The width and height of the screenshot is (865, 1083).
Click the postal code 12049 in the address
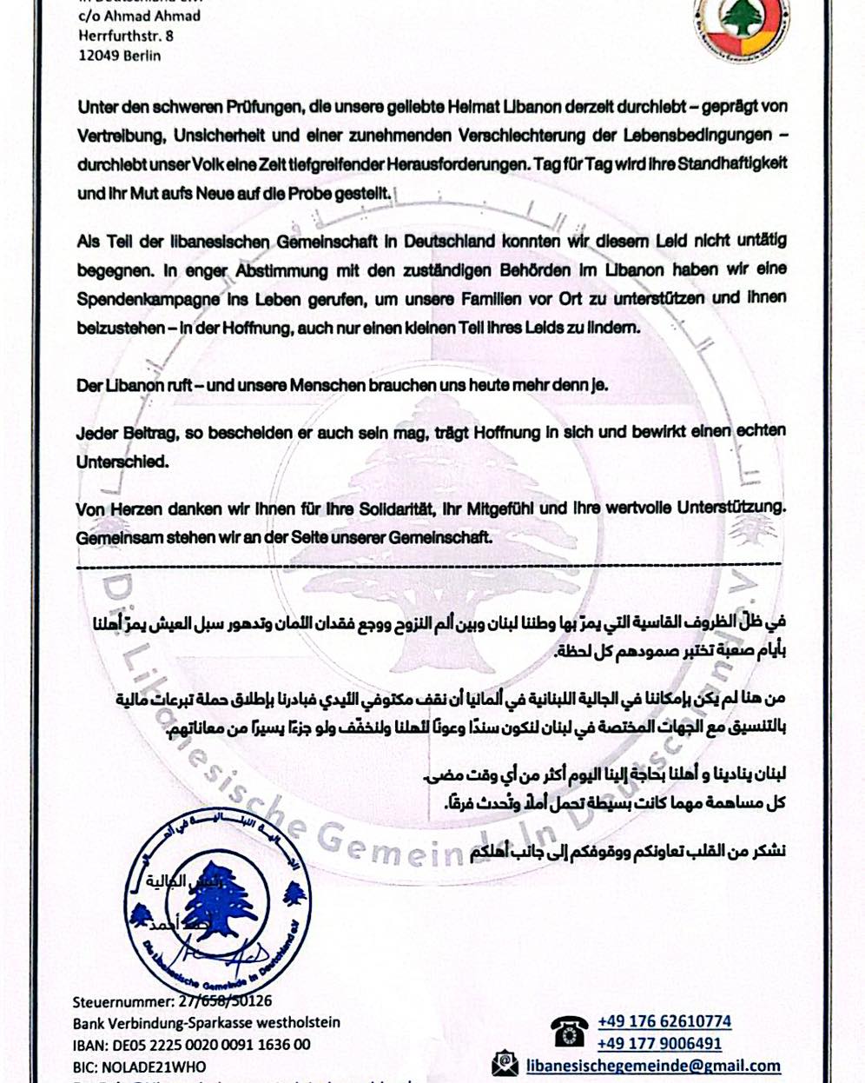[x=97, y=55]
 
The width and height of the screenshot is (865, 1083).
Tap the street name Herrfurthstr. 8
[x=125, y=36]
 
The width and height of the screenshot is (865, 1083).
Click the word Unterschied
[x=122, y=462]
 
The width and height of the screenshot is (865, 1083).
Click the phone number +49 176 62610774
[x=664, y=1021]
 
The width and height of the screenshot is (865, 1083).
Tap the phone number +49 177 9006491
[x=659, y=1043]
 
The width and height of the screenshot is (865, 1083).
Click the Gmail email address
[x=654, y=1065]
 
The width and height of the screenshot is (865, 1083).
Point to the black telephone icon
[x=569, y=1032]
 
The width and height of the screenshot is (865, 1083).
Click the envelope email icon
[x=505, y=1064]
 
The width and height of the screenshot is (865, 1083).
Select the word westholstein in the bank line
[x=296, y=1022]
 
